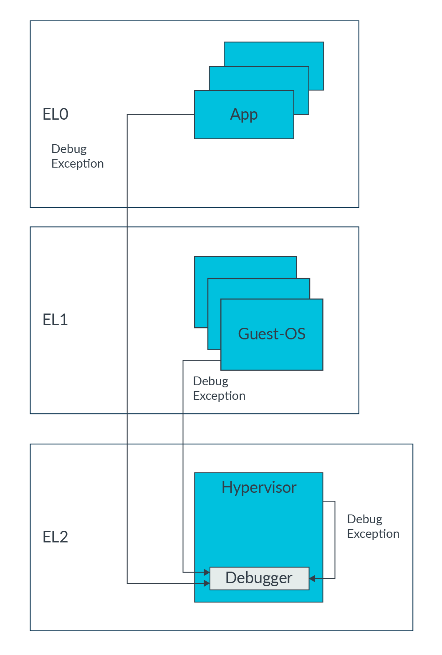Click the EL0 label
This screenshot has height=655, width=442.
tap(56, 114)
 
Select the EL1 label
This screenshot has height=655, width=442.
tap(55, 320)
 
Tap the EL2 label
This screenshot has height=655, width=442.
tap(55, 537)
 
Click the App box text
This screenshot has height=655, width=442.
tap(244, 115)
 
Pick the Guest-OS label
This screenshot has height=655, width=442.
tap(272, 334)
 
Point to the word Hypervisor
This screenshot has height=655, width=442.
tap(259, 487)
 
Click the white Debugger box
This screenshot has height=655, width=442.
tap(259, 578)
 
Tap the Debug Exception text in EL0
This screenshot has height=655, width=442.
tap(77, 156)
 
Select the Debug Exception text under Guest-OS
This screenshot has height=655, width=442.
tap(219, 389)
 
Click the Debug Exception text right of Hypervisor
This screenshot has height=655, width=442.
tap(373, 527)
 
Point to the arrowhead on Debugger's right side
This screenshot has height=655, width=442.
tap(312, 578)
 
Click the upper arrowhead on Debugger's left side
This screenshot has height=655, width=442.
tap(207, 572)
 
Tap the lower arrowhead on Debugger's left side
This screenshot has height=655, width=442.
tap(207, 583)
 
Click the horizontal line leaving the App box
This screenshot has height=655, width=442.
tap(161, 114)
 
